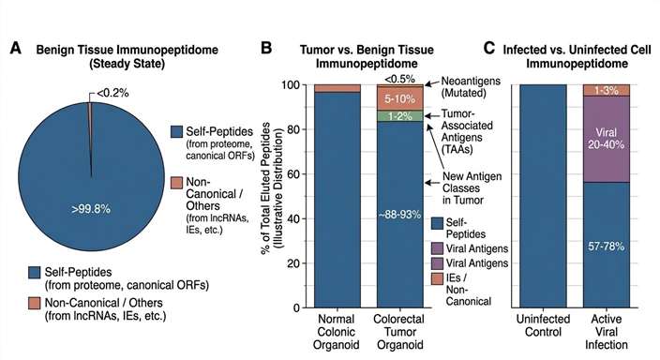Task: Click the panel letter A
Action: pos(15,47)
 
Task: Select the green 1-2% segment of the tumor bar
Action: pos(394,116)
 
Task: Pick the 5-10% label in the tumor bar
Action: pos(394,97)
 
